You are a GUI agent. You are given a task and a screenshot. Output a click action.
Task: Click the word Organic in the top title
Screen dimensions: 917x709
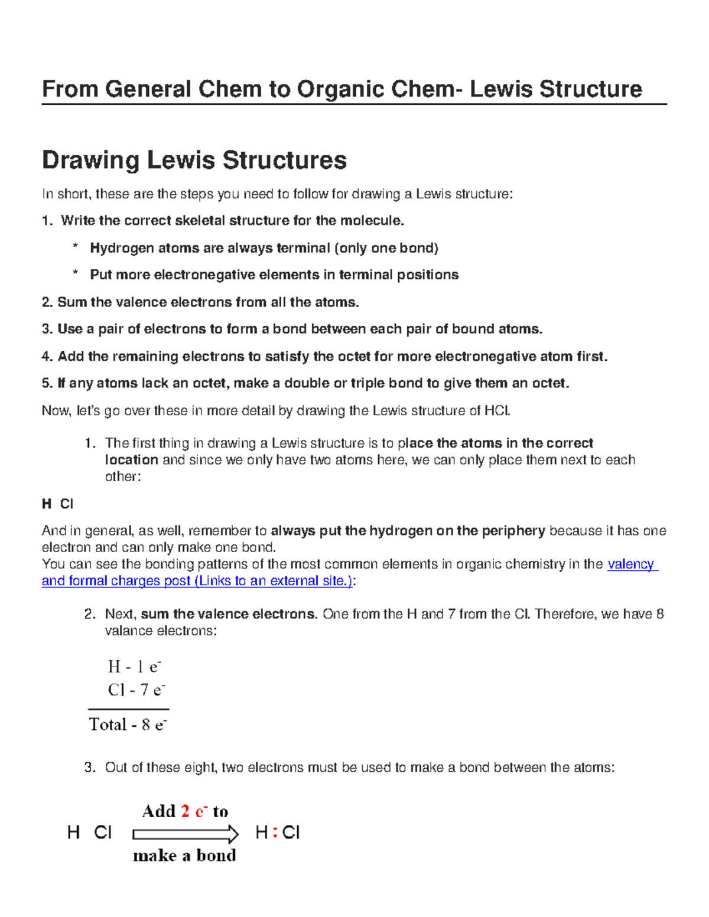[334, 90]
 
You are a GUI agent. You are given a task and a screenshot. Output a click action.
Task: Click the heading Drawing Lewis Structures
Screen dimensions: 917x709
[194, 160]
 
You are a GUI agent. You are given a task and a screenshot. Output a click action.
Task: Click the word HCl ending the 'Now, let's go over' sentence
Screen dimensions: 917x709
[497, 411]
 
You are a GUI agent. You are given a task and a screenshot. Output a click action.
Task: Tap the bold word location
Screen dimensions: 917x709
[131, 460]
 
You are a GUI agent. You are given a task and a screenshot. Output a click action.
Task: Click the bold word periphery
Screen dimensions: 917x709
[513, 531]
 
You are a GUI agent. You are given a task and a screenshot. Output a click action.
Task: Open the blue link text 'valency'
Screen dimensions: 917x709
[631, 564]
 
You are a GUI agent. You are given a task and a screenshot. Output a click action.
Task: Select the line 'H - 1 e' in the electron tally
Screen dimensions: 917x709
[135, 667]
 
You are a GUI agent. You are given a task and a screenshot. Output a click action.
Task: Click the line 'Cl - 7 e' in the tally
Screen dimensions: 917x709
[136, 690]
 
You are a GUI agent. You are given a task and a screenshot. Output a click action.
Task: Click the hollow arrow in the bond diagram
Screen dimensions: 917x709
[186, 834]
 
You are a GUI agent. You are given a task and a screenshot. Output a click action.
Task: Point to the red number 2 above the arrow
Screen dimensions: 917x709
[186, 811]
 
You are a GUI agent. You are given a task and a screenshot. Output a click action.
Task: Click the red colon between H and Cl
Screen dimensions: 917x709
[275, 833]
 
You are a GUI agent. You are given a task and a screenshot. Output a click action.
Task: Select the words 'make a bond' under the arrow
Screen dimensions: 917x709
[184, 856]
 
